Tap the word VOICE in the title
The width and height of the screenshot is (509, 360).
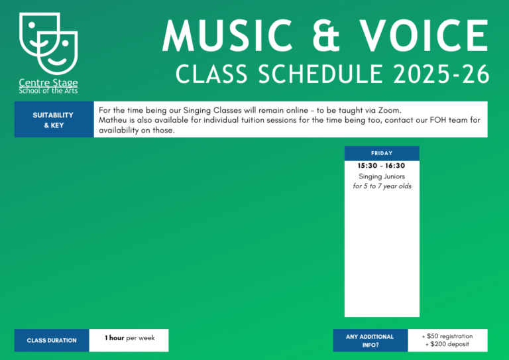424,36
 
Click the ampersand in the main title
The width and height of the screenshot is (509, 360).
326,36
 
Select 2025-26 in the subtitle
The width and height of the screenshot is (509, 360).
441,74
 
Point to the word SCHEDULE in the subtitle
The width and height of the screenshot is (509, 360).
321,74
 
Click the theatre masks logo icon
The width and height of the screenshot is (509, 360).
48,44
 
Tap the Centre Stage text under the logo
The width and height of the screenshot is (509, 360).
48,83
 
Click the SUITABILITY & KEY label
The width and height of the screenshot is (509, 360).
53,120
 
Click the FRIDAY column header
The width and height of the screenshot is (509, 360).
382,153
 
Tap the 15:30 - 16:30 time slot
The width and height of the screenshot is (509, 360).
382,166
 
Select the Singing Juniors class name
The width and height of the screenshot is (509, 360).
382,176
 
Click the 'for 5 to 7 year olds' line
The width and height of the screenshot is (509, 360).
382,186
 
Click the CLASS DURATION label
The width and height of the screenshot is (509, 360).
52,341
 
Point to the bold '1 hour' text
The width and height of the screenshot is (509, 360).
114,338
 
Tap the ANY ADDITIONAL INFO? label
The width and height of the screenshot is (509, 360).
370,341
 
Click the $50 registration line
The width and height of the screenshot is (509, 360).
447,336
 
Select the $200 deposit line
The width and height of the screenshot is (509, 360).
447,344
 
